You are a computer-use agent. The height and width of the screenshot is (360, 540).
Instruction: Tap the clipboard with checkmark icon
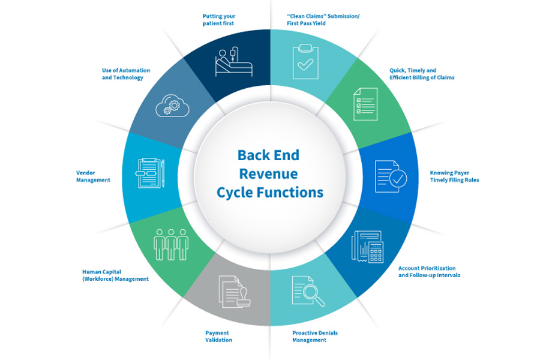(x=305, y=61)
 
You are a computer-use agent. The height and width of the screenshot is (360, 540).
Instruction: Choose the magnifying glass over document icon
(x=308, y=290)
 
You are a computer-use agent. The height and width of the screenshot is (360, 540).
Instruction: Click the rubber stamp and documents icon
(x=234, y=292)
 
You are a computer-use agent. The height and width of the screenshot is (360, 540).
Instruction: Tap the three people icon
(x=170, y=243)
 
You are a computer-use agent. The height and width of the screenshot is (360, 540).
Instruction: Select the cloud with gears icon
(x=172, y=106)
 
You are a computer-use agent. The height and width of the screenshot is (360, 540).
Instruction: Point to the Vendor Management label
(x=93, y=176)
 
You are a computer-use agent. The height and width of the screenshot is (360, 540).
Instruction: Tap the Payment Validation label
(x=218, y=336)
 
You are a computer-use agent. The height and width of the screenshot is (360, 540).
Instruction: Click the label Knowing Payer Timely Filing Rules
(x=454, y=176)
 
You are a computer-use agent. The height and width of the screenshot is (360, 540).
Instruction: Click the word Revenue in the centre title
(x=269, y=174)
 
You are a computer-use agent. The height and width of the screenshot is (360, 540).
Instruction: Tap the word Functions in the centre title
(x=295, y=193)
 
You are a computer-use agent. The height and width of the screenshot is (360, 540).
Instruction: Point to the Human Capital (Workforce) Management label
(x=115, y=275)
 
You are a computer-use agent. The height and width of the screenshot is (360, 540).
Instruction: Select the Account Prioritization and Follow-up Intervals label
(x=429, y=271)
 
